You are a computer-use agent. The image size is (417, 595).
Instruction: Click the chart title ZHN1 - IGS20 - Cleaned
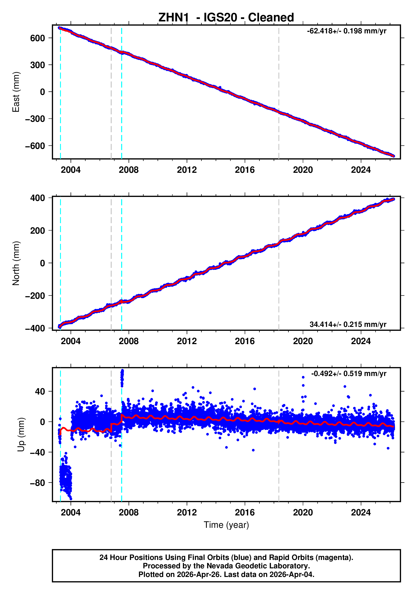226,18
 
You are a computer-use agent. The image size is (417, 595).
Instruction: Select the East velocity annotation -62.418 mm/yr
346,31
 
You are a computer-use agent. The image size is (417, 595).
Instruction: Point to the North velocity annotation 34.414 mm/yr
348,324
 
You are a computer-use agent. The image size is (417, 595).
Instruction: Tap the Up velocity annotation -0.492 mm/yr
349,374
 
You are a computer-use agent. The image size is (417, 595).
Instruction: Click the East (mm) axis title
16,92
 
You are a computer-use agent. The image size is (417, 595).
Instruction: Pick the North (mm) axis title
16,263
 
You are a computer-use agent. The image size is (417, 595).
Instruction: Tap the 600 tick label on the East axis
38,38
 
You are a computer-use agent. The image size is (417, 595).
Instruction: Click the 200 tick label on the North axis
38,230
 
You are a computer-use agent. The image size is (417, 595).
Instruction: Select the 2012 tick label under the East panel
187,170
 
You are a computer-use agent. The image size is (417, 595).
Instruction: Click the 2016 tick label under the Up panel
245,512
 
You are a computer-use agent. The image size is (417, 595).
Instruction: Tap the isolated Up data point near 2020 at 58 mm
303,377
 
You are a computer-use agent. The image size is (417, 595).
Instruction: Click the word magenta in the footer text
338,557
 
